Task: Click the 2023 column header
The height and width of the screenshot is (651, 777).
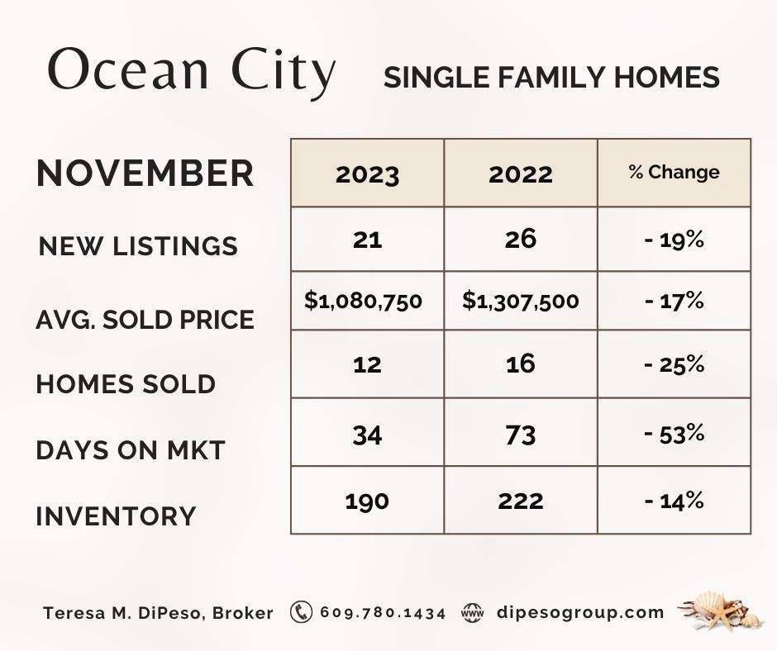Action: pyautogui.click(x=367, y=174)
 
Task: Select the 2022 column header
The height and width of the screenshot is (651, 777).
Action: pyautogui.click(x=520, y=174)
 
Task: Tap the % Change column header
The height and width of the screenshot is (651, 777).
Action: pyautogui.click(x=674, y=172)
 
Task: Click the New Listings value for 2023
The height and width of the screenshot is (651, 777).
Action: pyautogui.click(x=367, y=240)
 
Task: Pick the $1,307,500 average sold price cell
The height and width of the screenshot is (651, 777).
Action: pyautogui.click(x=520, y=301)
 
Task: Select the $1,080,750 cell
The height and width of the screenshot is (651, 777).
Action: pyautogui.click(x=363, y=301)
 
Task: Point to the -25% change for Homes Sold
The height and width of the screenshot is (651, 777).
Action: pyautogui.click(x=674, y=364)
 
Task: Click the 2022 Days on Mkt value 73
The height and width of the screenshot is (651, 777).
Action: pyautogui.click(x=520, y=435)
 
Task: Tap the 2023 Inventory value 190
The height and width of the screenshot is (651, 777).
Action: pyautogui.click(x=367, y=501)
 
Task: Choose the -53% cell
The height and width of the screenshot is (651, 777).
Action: pyautogui.click(x=674, y=434)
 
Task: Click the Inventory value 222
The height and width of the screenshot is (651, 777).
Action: pyautogui.click(x=520, y=501)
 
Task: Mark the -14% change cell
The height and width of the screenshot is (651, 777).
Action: pyautogui.click(x=674, y=501)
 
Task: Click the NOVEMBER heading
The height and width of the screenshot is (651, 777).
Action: pyautogui.click(x=145, y=173)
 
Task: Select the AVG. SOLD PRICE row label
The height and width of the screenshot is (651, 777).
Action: pyautogui.click(x=145, y=320)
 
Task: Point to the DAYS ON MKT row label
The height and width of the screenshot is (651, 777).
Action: pyautogui.click(x=131, y=450)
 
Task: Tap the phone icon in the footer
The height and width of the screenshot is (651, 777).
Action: pyautogui.click(x=301, y=612)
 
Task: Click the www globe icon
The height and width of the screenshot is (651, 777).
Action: pyautogui.click(x=472, y=613)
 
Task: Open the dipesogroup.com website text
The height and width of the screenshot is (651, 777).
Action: pyautogui.click(x=580, y=613)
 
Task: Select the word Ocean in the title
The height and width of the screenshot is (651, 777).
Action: pyautogui.click(x=128, y=69)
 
